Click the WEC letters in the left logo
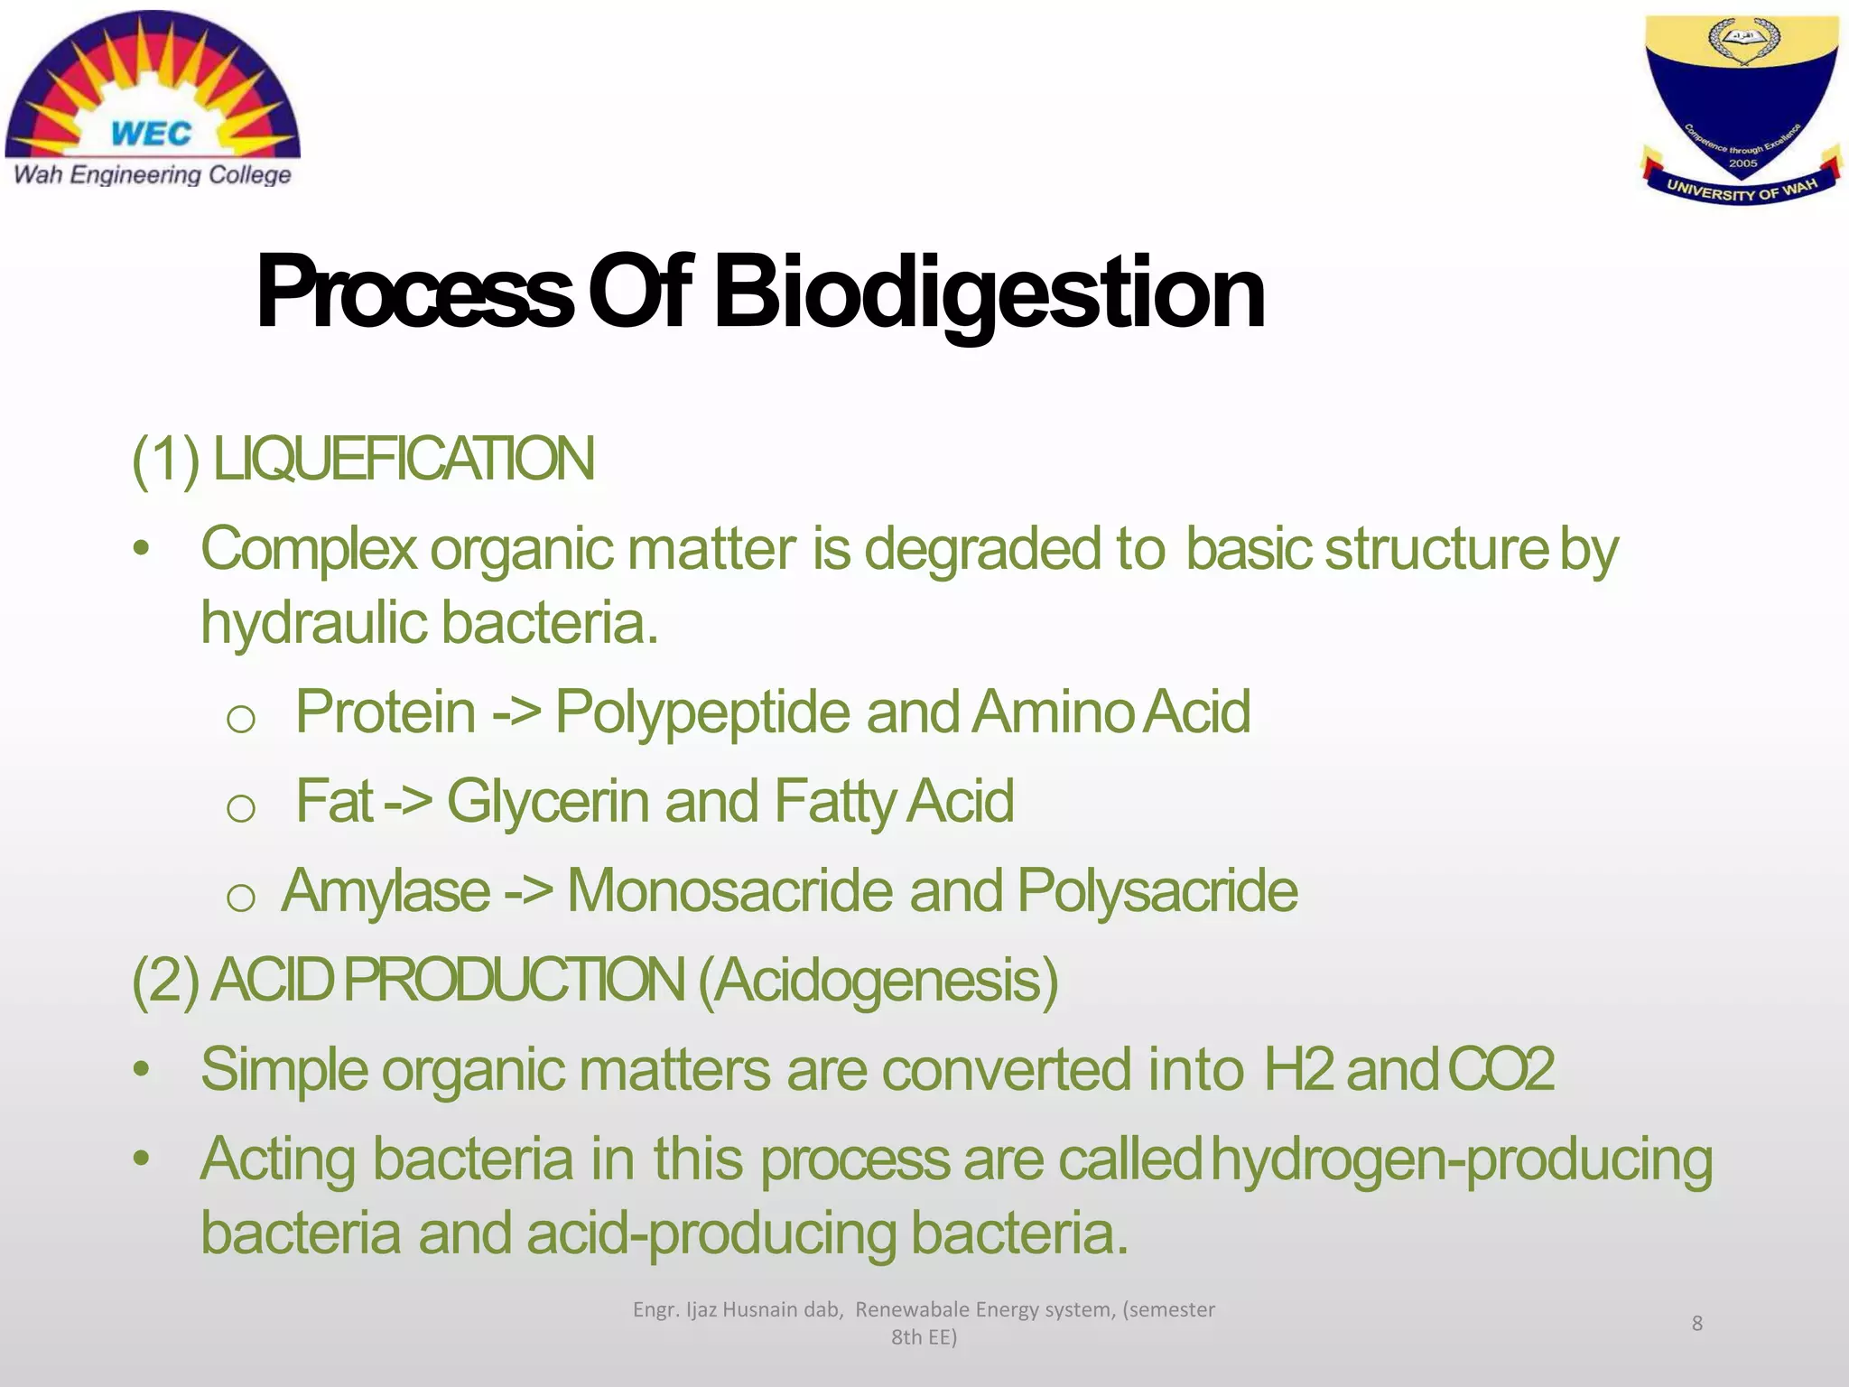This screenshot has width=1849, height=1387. coord(151,134)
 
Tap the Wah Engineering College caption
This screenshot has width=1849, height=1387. coord(153,174)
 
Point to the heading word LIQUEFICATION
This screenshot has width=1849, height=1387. coord(404,459)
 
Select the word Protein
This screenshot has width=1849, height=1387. coord(386,712)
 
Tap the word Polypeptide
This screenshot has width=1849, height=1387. coord(702,712)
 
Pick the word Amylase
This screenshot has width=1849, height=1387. coord(386,891)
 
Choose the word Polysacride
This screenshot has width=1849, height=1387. coord(1157,891)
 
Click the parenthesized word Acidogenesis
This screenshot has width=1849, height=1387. coord(878,981)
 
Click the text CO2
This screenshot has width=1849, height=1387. coord(1501,1069)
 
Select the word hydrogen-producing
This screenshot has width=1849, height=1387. coord(1461,1159)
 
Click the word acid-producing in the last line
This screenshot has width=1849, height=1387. coord(711,1233)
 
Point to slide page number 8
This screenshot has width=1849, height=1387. coord(1696,1323)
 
